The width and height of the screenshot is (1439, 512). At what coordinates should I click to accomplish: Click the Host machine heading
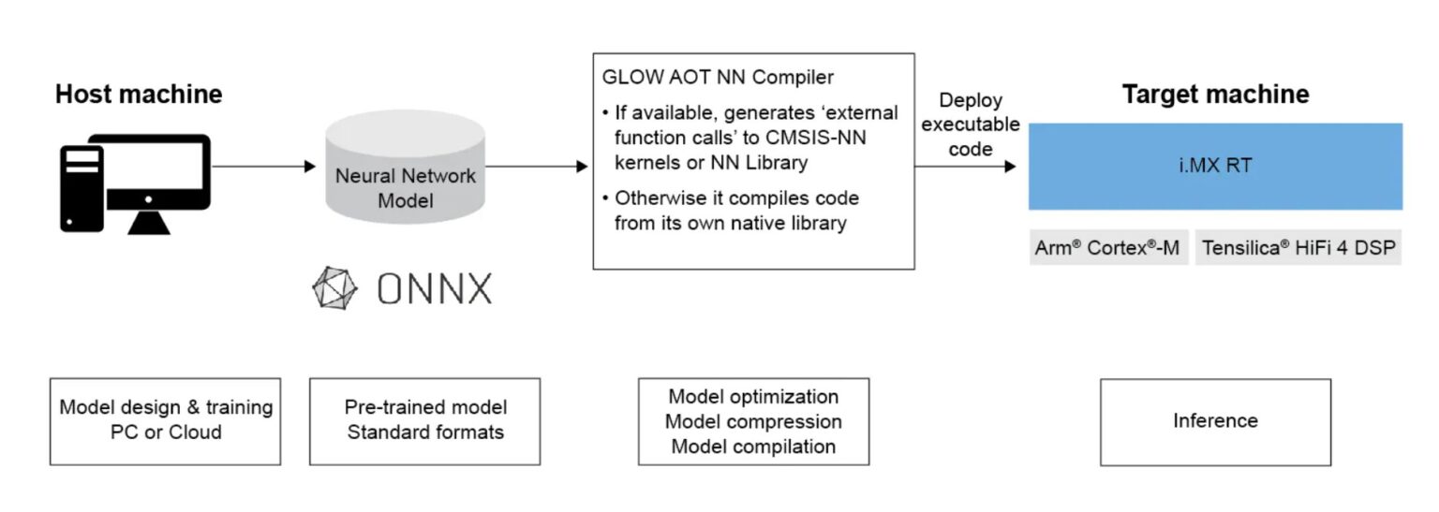point(139,95)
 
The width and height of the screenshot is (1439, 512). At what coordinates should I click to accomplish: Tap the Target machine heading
point(1215,95)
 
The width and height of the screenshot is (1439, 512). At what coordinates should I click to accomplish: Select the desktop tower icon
point(82,187)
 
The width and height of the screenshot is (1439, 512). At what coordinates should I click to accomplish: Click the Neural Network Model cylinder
point(406,178)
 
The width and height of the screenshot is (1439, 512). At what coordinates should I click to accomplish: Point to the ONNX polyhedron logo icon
point(335,288)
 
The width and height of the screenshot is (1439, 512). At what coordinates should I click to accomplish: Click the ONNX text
point(434,289)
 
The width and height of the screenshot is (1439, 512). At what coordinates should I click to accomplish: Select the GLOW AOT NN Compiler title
point(718,77)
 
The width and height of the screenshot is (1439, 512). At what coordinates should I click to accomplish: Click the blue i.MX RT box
point(1215,167)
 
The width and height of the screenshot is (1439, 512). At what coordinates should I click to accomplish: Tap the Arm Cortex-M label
point(1107,249)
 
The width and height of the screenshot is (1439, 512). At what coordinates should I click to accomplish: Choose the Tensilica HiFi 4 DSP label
point(1298,249)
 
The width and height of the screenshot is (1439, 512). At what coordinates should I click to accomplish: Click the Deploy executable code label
point(971,124)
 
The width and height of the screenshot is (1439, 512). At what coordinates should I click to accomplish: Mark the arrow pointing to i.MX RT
point(966,167)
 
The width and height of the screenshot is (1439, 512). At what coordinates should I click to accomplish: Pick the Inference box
point(1215,421)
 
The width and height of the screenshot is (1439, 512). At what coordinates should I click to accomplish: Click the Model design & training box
point(165,420)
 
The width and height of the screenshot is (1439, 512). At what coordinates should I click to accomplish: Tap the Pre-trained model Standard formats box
point(424,420)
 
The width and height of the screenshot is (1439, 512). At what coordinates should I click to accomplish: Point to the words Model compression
point(753,421)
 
